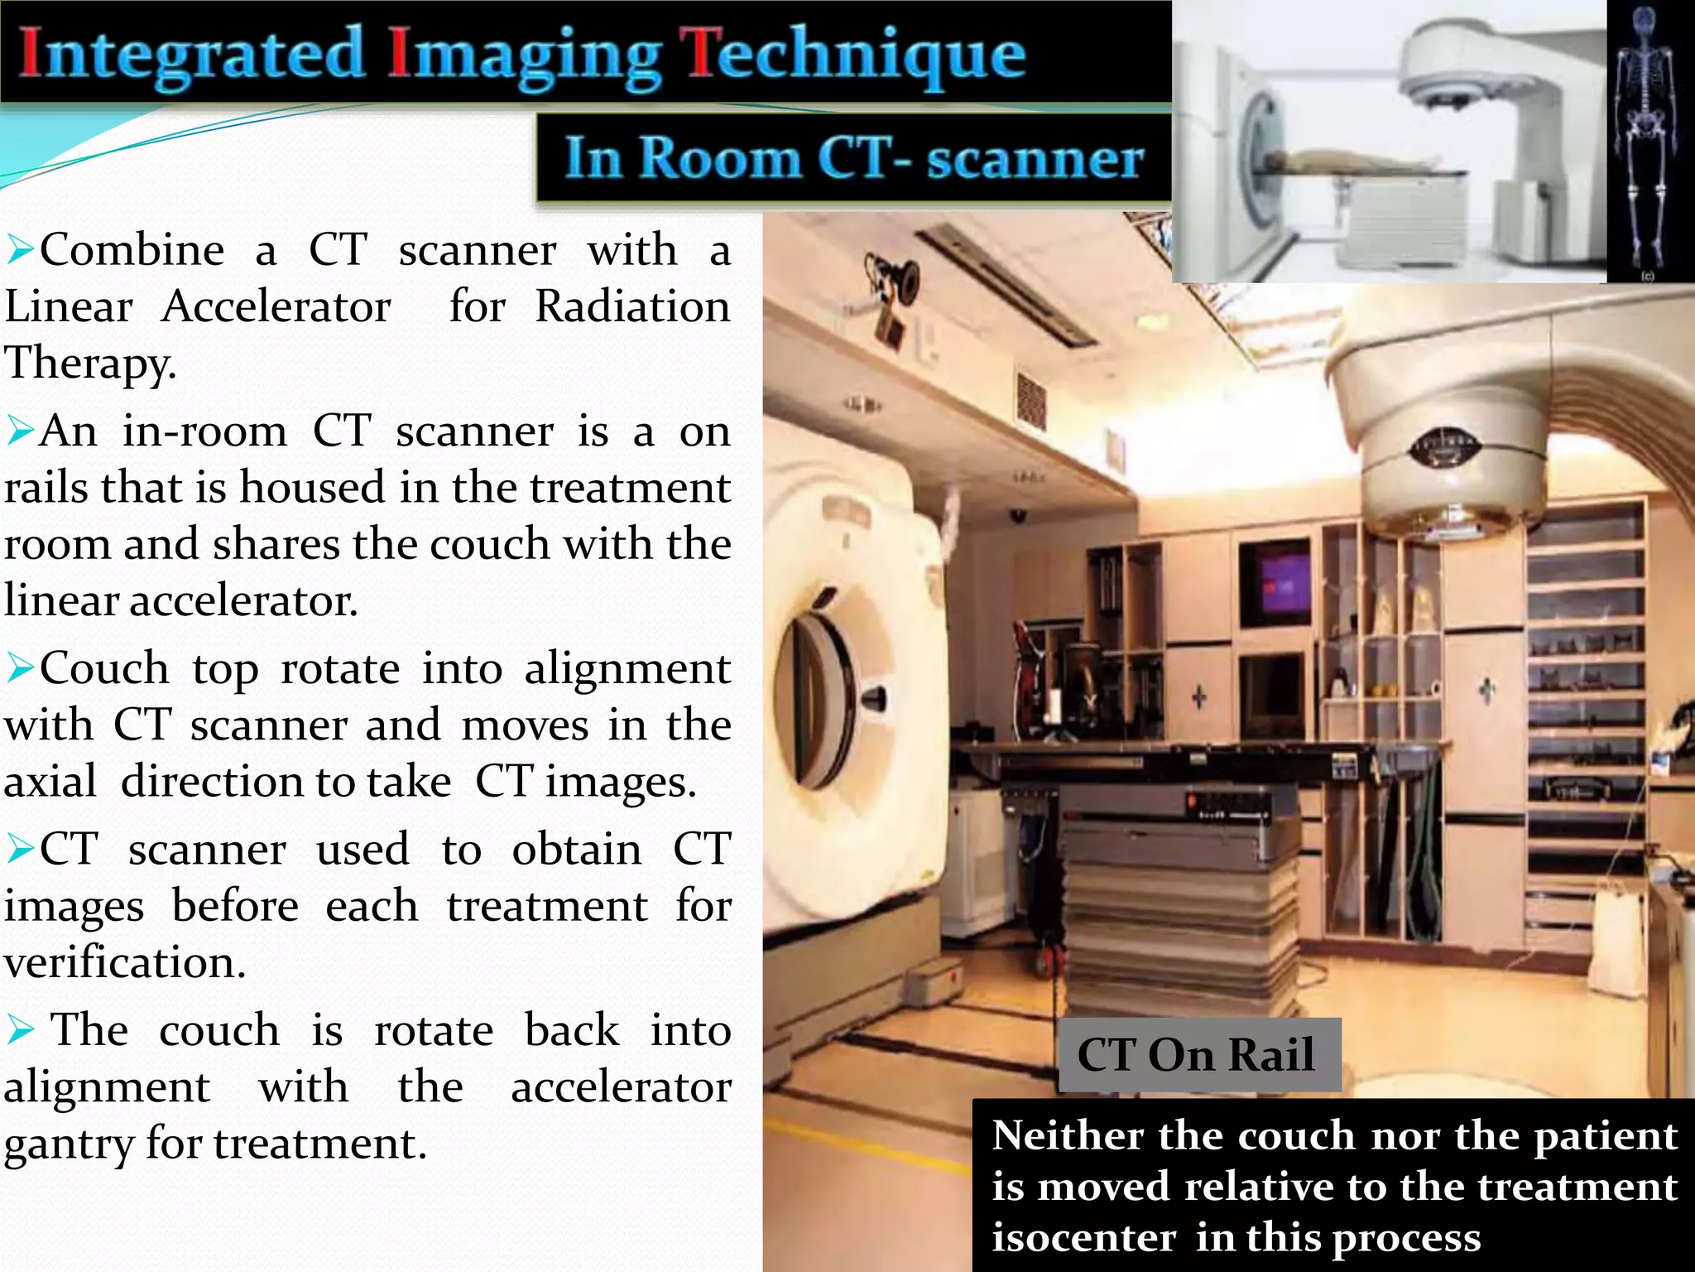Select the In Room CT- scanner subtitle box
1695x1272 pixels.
[853, 158]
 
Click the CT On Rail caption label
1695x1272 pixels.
[1197, 1055]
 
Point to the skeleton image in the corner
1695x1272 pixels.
[1649, 141]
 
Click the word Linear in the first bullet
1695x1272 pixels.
[68, 307]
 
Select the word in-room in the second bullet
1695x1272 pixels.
[204, 431]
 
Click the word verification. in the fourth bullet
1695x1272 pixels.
[124, 963]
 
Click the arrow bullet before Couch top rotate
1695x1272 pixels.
[20, 668]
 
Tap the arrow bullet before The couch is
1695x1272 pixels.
[20, 1031]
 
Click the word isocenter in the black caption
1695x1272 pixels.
[1083, 1238]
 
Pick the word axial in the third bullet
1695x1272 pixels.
[50, 783]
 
